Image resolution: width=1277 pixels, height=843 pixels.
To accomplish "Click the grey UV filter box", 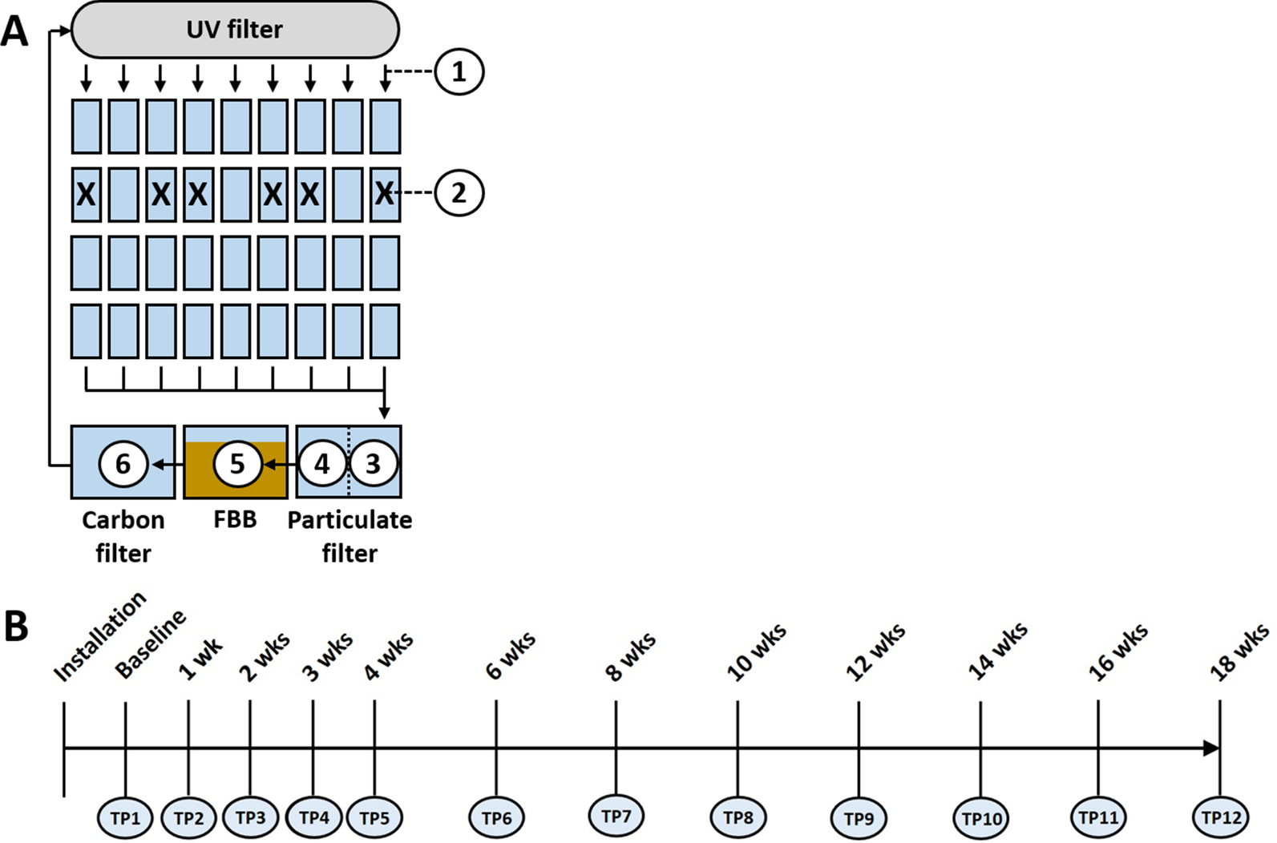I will pyautogui.click(x=235, y=30).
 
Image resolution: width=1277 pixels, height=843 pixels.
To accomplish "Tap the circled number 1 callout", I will pyautogui.click(x=459, y=72).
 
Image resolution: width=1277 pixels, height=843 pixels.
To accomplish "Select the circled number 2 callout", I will pyautogui.click(x=459, y=193).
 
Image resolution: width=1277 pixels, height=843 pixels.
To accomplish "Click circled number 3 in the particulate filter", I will pyautogui.click(x=373, y=463).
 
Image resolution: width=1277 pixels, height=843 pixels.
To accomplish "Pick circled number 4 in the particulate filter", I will pyautogui.click(x=322, y=463).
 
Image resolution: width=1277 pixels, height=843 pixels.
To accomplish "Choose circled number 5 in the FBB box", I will pyautogui.click(x=237, y=463).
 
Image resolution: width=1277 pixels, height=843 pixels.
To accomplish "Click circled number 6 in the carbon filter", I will pyautogui.click(x=123, y=463).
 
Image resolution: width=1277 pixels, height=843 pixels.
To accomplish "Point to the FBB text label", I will pyautogui.click(x=235, y=519).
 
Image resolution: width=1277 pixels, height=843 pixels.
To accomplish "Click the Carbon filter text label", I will pyautogui.click(x=123, y=536).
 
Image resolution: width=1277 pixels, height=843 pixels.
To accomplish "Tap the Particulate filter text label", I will pyautogui.click(x=350, y=536).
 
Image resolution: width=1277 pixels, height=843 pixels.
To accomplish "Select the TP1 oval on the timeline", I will pyautogui.click(x=125, y=818).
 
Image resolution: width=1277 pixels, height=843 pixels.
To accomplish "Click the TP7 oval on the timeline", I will pyautogui.click(x=616, y=816).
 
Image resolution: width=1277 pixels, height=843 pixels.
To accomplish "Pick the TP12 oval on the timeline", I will pyautogui.click(x=1221, y=818).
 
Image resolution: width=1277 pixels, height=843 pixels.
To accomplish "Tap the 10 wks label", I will pyautogui.click(x=756, y=654).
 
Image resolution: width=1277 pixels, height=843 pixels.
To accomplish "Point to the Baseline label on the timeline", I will pyautogui.click(x=150, y=644).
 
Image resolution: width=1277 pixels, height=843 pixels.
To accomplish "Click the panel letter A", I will pyautogui.click(x=14, y=32).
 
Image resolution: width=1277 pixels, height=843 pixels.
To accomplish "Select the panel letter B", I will pyautogui.click(x=16, y=626).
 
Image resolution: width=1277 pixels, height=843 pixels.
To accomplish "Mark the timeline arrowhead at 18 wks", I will pyautogui.click(x=1211, y=748).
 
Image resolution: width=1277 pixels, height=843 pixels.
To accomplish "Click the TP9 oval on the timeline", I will pyautogui.click(x=859, y=818).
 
